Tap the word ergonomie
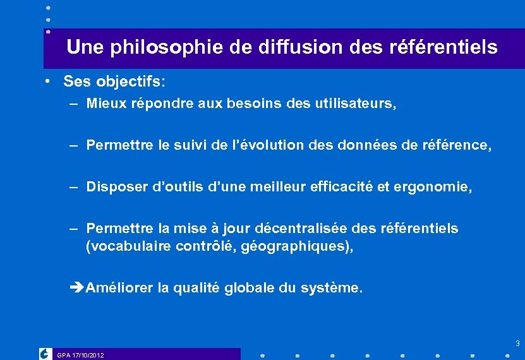pyautogui.click(x=439, y=187)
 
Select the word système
pyautogui.click(x=330, y=288)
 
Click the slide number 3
pyautogui.click(x=517, y=344)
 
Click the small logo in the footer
pyautogui.click(x=45, y=354)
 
